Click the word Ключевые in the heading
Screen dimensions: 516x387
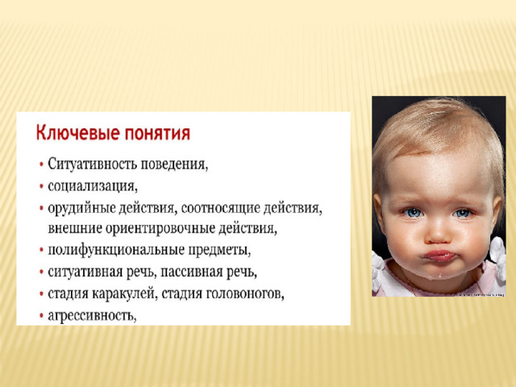(77, 133)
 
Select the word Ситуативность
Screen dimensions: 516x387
(93, 164)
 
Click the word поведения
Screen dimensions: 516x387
(174, 164)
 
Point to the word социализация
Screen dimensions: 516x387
(93, 186)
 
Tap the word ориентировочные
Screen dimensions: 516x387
(160, 229)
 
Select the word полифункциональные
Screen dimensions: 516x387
(116, 251)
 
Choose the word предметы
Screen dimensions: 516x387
(219, 251)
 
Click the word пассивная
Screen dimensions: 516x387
(192, 273)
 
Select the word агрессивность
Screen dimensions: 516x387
(92, 315)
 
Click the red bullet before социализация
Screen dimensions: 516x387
(41, 186)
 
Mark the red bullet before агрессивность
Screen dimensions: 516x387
(41, 316)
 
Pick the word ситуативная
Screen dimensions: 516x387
(85, 273)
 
